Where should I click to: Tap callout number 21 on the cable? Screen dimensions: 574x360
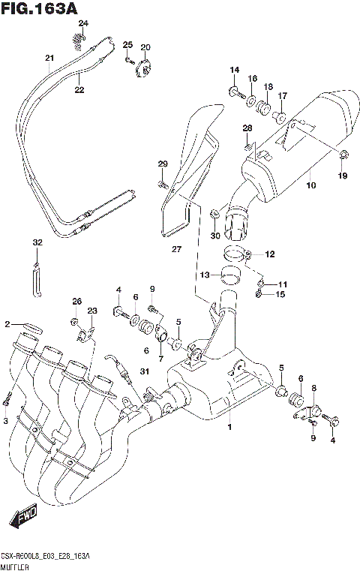click(x=49, y=59)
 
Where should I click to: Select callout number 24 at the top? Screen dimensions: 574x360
click(x=83, y=24)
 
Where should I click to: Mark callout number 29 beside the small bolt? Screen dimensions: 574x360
click(x=162, y=164)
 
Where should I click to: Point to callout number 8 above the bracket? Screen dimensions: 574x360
click(x=314, y=387)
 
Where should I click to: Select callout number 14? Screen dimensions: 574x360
click(x=234, y=71)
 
